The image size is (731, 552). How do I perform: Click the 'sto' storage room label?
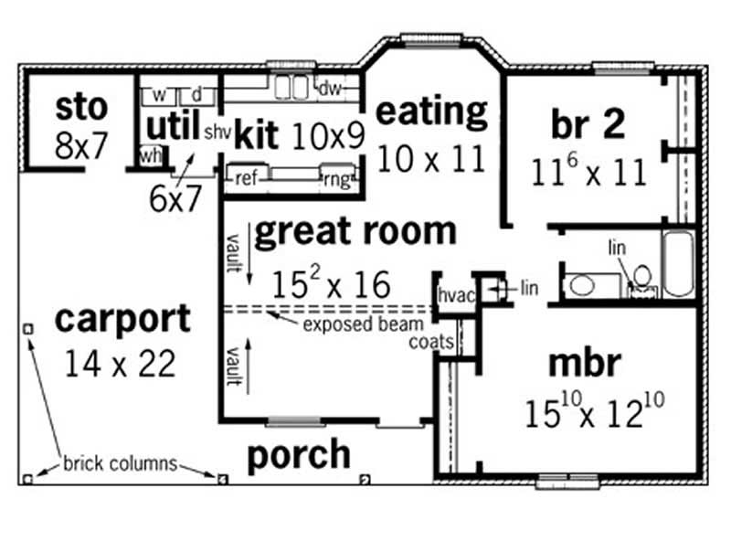pyautogui.click(x=81, y=107)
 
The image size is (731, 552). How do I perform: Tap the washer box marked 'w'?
pyautogui.click(x=158, y=94)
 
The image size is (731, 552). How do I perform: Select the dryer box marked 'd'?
pyautogui.click(x=196, y=94)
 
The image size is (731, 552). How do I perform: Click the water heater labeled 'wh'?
pyautogui.click(x=150, y=156)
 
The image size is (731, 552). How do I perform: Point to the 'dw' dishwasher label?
pyautogui.click(x=330, y=89)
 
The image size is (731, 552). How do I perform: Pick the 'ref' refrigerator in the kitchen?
pyautogui.click(x=246, y=178)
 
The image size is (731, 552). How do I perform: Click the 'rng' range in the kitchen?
pyautogui.click(x=336, y=178)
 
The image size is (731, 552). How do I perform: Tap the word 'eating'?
pyautogui.click(x=432, y=111)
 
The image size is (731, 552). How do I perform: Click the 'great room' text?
pyautogui.click(x=355, y=232)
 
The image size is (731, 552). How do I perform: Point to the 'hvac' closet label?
pyautogui.click(x=453, y=296)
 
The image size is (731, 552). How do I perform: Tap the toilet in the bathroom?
pyautogui.click(x=642, y=278)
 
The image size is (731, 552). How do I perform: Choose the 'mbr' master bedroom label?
pyautogui.click(x=584, y=363)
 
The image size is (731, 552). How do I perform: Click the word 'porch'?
pyautogui.click(x=299, y=454)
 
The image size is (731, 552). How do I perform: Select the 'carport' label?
pyautogui.click(x=123, y=320)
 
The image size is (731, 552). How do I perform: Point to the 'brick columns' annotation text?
pyautogui.click(x=120, y=463)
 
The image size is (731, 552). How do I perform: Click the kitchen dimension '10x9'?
pyautogui.click(x=329, y=135)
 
